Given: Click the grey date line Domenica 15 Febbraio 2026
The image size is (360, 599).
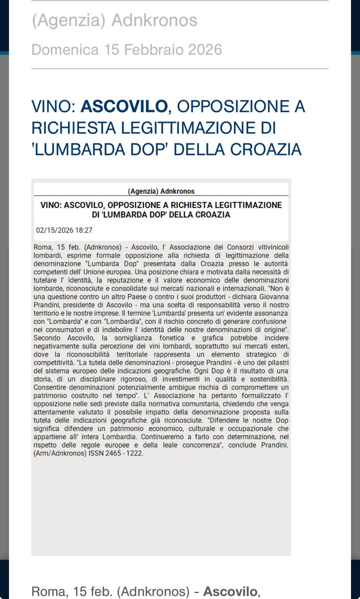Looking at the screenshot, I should click(x=126, y=49).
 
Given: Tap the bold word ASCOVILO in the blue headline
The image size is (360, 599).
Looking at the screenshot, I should click(x=124, y=106).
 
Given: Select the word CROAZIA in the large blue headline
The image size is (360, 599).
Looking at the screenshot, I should click(x=266, y=149).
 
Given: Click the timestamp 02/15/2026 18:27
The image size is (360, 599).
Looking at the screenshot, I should click(x=64, y=230).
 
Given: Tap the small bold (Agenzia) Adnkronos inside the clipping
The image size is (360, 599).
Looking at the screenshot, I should click(x=161, y=191).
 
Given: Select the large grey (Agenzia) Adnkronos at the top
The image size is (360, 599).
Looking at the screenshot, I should click(x=114, y=20).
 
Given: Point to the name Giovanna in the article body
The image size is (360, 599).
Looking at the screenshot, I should click(x=274, y=297).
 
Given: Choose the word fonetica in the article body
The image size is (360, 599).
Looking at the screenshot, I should click(x=172, y=338).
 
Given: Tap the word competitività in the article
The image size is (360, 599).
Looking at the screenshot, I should click(x=54, y=363).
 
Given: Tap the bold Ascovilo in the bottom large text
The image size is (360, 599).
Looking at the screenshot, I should click(x=230, y=592).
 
